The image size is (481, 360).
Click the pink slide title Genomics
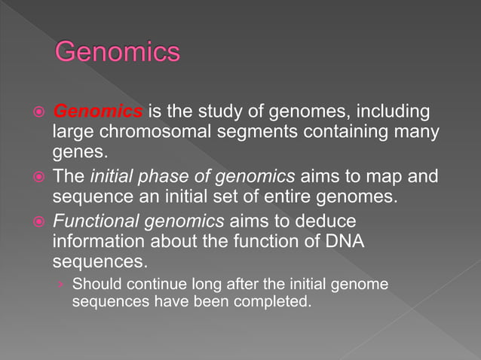pos(118,52)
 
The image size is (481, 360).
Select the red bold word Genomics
pos(98,112)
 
